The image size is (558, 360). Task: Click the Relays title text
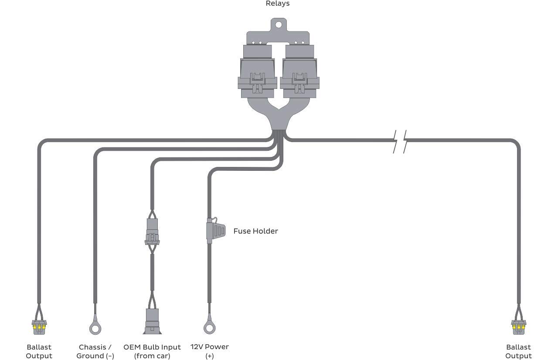coord(278,3)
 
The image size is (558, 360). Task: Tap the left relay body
coord(257,65)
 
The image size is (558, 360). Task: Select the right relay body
coord(299,65)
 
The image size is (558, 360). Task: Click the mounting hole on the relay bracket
coord(278,24)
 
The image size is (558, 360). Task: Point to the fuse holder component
coord(216,230)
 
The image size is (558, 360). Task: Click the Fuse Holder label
coord(255,231)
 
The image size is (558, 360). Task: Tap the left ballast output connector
coord(39,326)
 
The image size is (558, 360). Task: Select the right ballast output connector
coord(518,326)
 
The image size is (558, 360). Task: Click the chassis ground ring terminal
coord(95,327)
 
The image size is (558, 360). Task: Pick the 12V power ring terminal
coord(209,327)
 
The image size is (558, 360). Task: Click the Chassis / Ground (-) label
coord(95,351)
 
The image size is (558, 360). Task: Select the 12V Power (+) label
coord(209,351)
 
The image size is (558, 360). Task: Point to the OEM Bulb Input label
coord(152,351)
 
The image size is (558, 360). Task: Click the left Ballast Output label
coord(39,351)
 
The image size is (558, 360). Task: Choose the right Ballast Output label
coord(518,351)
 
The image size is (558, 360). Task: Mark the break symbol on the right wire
coord(400,141)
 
